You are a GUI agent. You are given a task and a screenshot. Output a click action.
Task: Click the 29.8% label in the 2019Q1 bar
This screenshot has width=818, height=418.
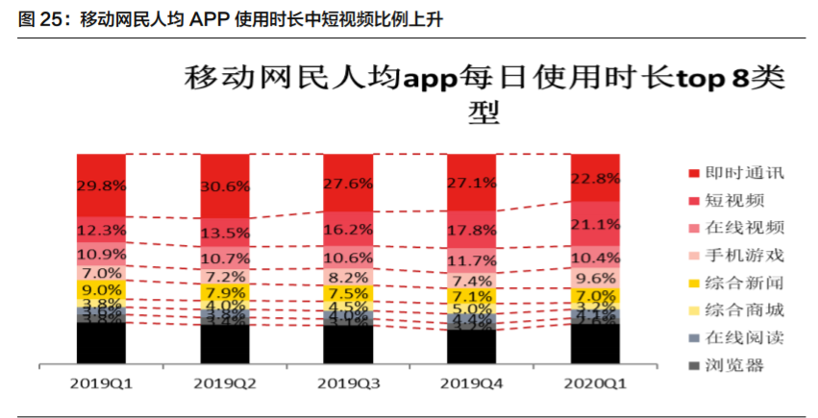tap(101, 186)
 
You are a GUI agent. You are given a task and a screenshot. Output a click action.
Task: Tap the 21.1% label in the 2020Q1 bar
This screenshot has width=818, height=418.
tap(596, 225)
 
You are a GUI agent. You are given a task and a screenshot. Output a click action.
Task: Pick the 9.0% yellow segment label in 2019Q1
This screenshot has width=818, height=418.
tap(101, 289)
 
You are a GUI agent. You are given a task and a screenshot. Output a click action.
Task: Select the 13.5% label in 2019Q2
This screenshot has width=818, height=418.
tap(225, 233)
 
